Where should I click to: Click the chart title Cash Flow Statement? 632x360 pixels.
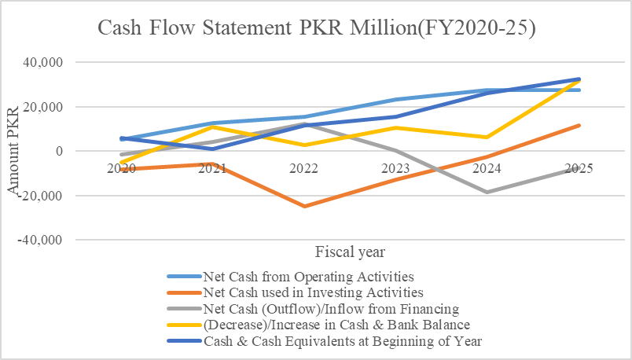click(315, 29)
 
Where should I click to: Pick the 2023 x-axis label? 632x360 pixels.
click(395, 168)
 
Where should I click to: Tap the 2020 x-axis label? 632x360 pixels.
click(121, 168)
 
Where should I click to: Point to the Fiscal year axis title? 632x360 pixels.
click(350, 252)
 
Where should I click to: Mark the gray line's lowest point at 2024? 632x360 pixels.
click(487, 192)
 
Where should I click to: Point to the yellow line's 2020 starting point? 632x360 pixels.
click(121, 163)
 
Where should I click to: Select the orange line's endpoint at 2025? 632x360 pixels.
click(579, 125)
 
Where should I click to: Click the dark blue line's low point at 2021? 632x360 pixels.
click(212, 149)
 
